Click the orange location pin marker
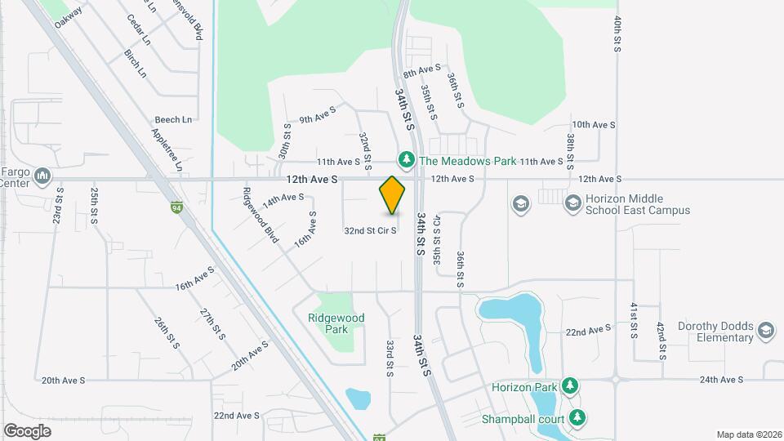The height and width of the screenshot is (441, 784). pos(393,196)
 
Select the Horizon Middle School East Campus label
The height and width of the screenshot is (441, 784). pos(638,204)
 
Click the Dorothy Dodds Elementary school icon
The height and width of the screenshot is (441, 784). pos(765,330)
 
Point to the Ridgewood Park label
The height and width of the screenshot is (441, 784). pos(336,323)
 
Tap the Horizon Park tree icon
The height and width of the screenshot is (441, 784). pos(571,386)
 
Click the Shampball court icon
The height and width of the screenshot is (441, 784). pos(578,417)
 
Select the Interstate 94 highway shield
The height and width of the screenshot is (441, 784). pos(176,207)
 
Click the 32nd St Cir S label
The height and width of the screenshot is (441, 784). pos(370,231)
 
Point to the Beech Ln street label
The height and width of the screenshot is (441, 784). pos(173,120)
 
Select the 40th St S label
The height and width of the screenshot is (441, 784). pos(618,34)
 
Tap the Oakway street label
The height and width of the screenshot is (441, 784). pos(69,19)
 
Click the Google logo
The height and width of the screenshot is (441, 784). pos(28,430)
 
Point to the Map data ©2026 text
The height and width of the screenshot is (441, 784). pos(748,434)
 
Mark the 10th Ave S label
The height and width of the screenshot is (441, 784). pos(594,125)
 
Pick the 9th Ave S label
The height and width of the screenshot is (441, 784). pos(318,114)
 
